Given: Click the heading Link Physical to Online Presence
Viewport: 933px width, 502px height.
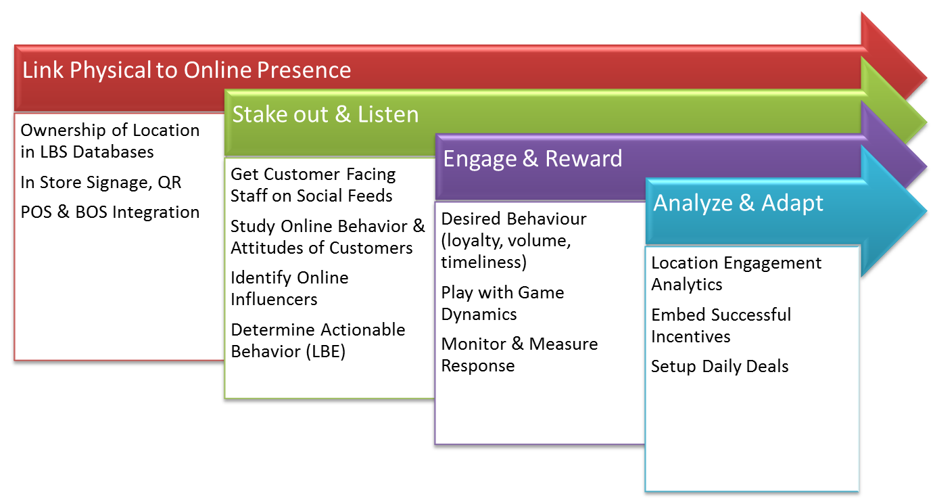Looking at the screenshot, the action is click(187, 70).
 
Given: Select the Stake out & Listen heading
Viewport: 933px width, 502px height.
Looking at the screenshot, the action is click(325, 114).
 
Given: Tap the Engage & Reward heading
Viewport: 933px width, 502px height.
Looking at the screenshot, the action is click(532, 159).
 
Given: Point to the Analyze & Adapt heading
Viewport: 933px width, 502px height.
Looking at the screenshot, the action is click(738, 204).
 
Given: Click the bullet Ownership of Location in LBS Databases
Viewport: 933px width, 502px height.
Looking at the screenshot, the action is click(110, 141).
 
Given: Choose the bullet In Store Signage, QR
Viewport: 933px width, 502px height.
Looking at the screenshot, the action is click(101, 183).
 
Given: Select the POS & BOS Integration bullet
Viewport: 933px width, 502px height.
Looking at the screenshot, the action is click(110, 212).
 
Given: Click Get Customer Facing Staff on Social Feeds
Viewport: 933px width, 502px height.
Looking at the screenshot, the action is click(313, 185).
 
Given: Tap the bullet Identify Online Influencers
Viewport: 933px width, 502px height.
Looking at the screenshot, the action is click(289, 288).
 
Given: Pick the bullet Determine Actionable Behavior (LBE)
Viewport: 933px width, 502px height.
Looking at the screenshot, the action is click(318, 341).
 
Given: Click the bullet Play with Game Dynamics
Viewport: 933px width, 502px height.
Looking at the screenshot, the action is click(502, 304).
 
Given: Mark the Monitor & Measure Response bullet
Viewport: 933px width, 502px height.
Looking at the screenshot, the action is click(519, 355).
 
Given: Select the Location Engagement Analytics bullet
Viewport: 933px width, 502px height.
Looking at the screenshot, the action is click(736, 274).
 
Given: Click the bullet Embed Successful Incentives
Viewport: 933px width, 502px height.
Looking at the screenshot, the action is click(721, 325).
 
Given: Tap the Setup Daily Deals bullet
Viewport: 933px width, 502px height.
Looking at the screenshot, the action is click(720, 367).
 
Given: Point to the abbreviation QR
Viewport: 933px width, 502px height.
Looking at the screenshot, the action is click(170, 183).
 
